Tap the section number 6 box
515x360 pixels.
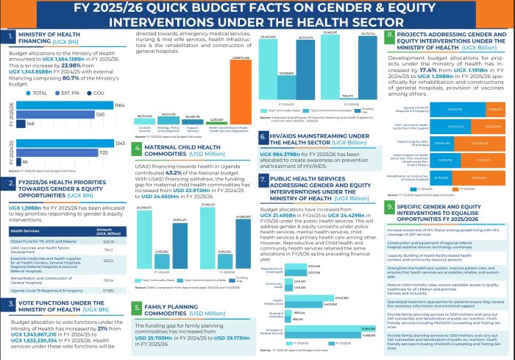click(265, 138)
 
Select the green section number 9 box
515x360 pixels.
click(390, 208)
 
